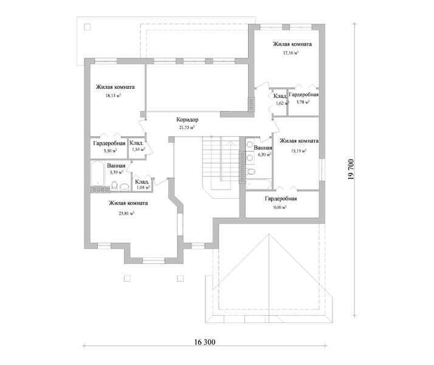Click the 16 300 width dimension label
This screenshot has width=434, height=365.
pos(205,342)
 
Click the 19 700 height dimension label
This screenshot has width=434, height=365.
pos(351,170)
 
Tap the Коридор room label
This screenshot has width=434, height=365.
pos(187,120)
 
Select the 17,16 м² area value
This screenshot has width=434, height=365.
pos(291,52)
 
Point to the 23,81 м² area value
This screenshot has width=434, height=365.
pos(126,214)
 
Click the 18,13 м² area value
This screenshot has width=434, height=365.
pos(113,96)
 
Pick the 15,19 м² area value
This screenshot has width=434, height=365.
pos(298,151)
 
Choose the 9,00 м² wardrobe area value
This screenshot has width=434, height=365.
pos(280,207)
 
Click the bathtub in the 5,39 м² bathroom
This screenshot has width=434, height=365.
pos(97,173)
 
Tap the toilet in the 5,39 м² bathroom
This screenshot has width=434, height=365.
pos(115,186)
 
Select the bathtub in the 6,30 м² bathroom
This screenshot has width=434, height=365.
pos(259,184)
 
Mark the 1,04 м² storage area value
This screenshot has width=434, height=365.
pos(143,187)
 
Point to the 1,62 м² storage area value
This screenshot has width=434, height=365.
pos(282,103)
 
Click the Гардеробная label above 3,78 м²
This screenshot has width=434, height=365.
pos(304,94)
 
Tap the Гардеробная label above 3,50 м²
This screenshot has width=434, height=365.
pos(109,143)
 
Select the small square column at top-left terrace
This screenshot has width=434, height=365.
pos(87,27)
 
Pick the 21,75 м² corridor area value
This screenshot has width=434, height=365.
pos(187,127)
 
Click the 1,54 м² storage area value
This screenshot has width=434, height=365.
pos(139,149)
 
